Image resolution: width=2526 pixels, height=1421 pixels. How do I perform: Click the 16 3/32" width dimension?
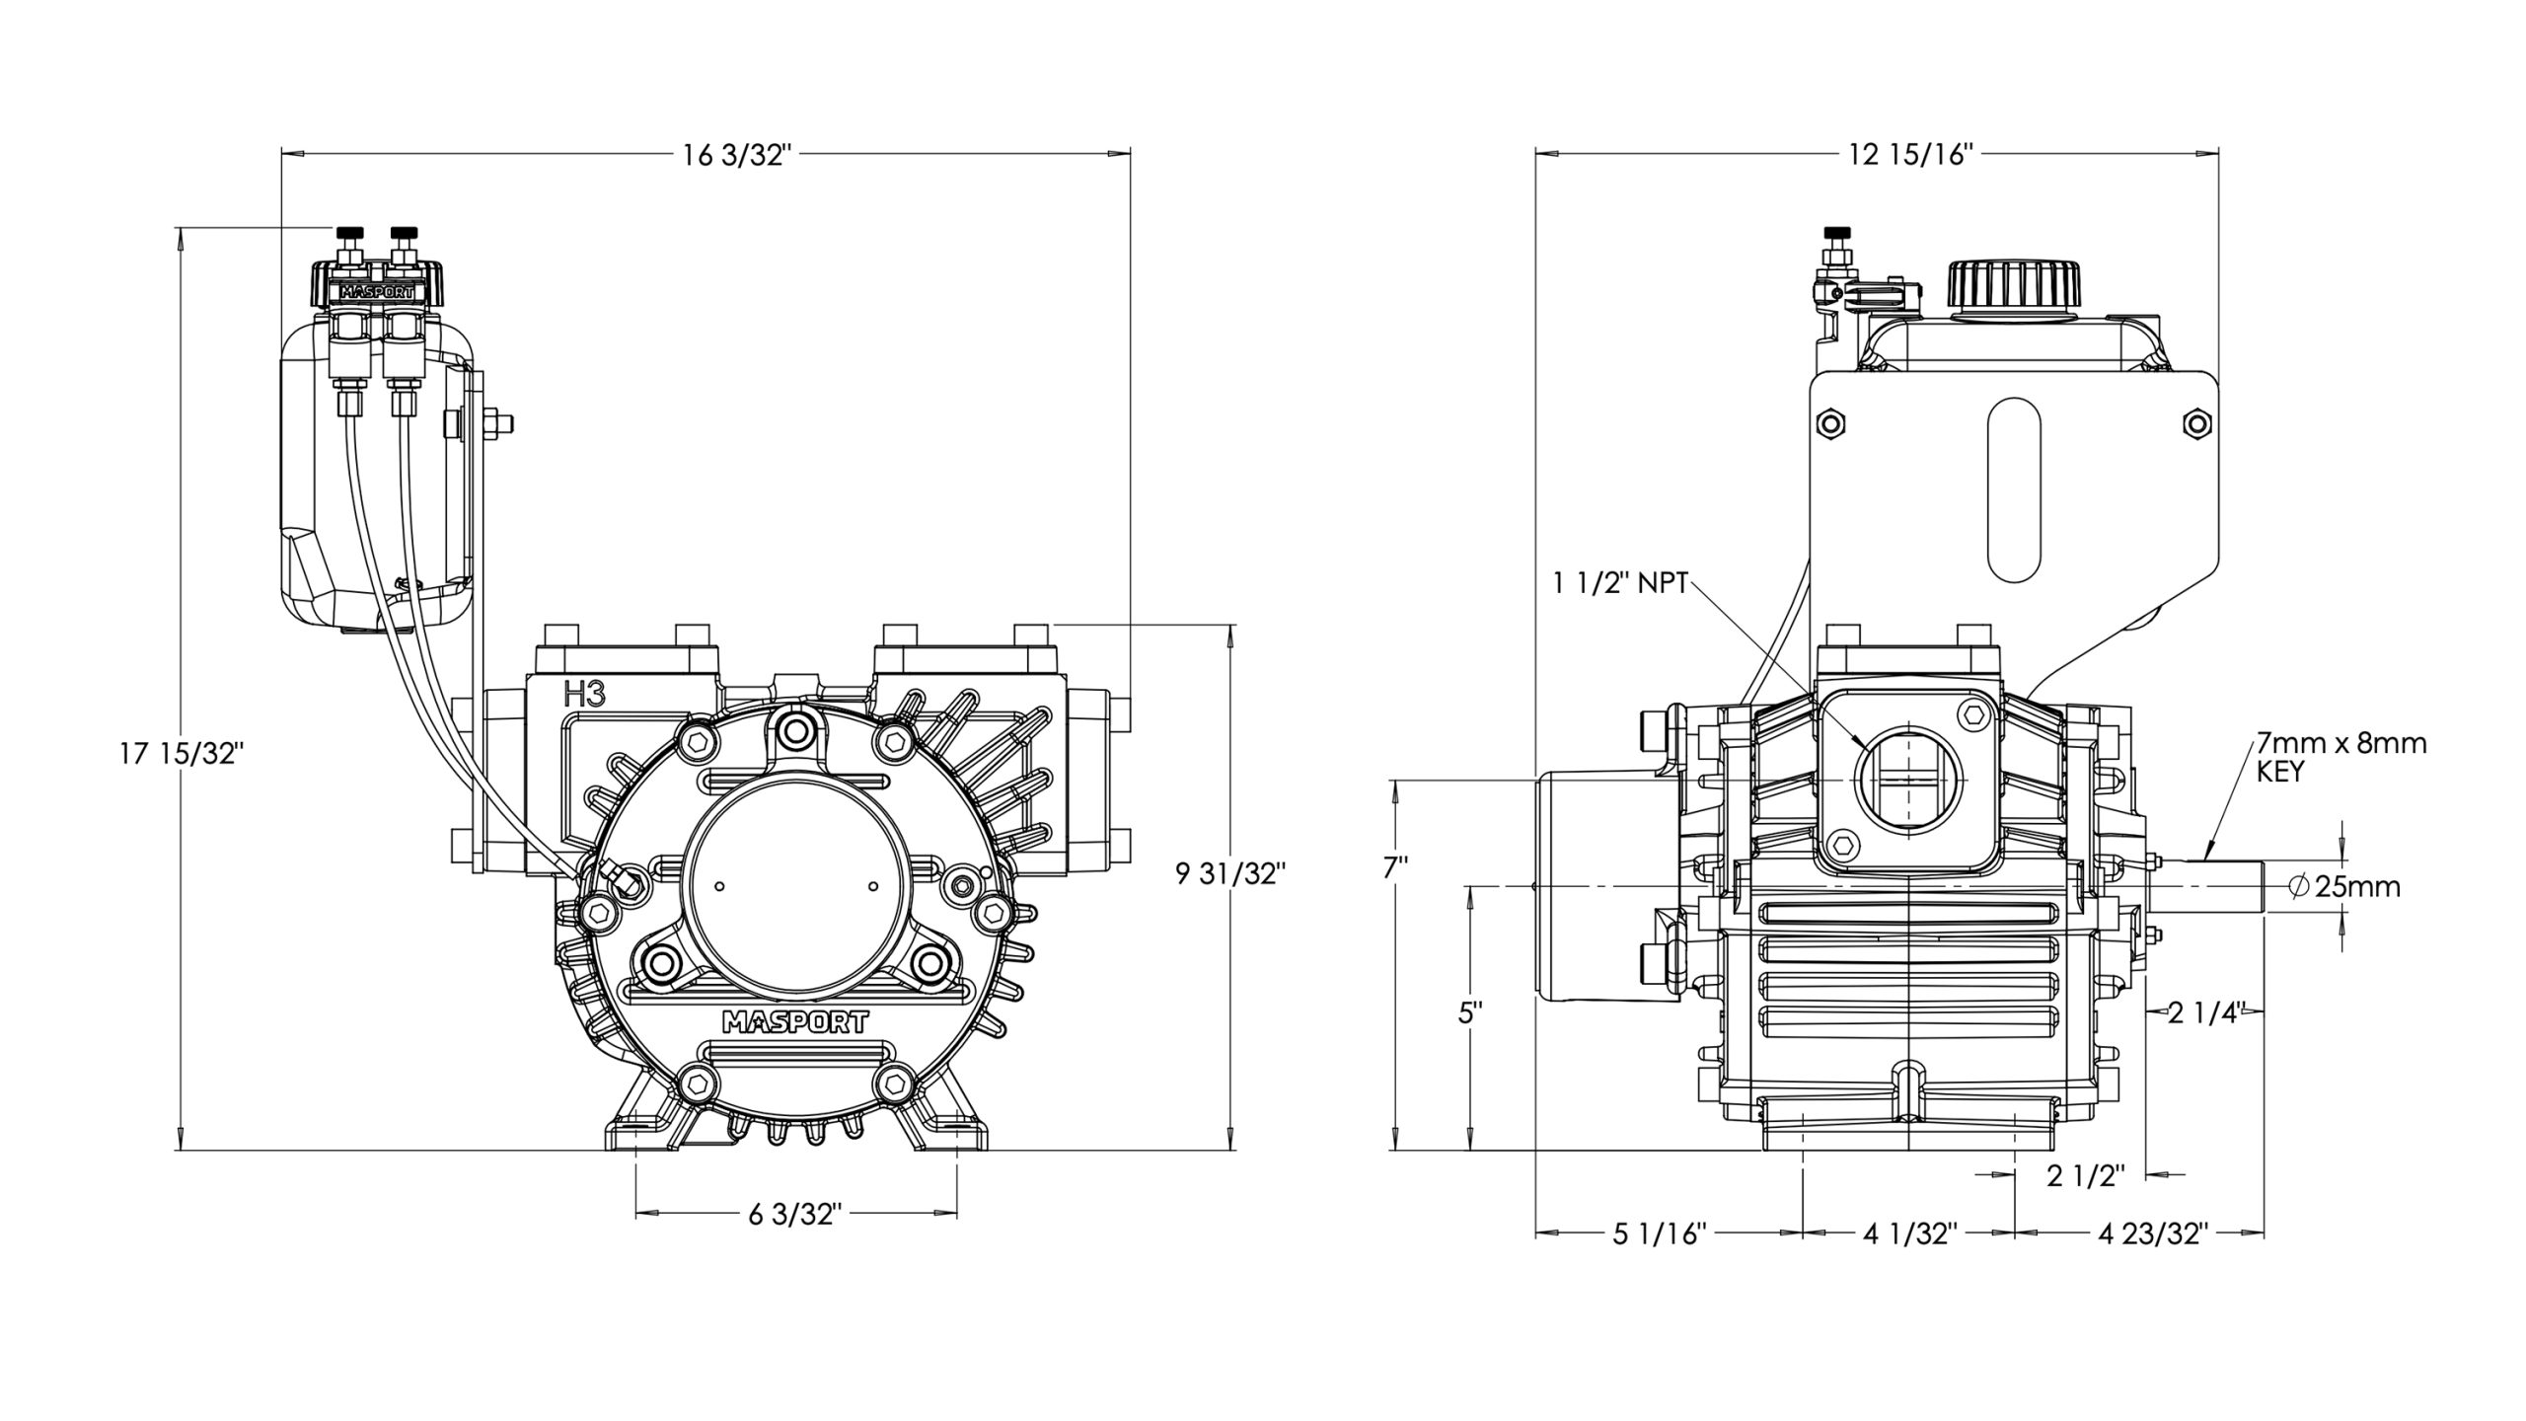coord(737,155)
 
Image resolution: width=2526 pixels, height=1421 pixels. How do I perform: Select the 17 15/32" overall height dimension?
coord(182,754)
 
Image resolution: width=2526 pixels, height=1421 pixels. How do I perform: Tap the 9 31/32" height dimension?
coord(1230,873)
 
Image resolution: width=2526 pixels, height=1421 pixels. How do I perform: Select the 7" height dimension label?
coord(1395,868)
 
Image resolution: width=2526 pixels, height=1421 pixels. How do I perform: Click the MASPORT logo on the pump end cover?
coord(795,1021)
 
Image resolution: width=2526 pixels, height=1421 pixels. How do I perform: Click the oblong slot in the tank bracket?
coord(2014,502)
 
